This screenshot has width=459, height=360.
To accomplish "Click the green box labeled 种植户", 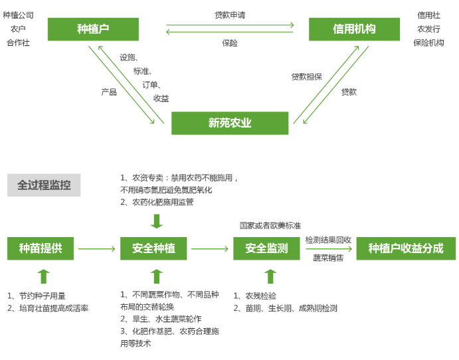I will tap(93, 29).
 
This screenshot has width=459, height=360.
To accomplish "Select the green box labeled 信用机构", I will tap(354, 29).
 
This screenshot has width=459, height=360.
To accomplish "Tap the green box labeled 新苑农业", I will tap(230, 123).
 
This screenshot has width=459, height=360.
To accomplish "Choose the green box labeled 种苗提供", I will tap(41, 248).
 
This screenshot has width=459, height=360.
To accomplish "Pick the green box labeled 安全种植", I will tap(153, 248).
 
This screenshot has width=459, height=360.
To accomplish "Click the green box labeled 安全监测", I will tap(266, 248).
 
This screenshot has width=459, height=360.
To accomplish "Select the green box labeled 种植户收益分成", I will tap(406, 248).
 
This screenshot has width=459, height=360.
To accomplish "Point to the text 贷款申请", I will tap(230, 15).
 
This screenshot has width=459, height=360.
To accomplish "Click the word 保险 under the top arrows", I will tap(230, 43).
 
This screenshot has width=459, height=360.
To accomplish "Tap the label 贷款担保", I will tap(306, 77).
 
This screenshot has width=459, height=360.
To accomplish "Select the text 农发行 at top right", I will tap(428, 29).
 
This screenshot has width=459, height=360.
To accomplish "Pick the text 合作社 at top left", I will tap(18, 43).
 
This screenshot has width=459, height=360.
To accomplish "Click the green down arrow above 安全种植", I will tap(157, 221).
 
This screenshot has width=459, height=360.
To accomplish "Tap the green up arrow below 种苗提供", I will tap(44, 276).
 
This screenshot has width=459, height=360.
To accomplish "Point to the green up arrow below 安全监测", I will tap(270, 276).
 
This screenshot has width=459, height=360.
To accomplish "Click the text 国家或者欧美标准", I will tap(270, 226).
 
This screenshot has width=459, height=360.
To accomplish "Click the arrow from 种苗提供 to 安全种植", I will tap(97, 249).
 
